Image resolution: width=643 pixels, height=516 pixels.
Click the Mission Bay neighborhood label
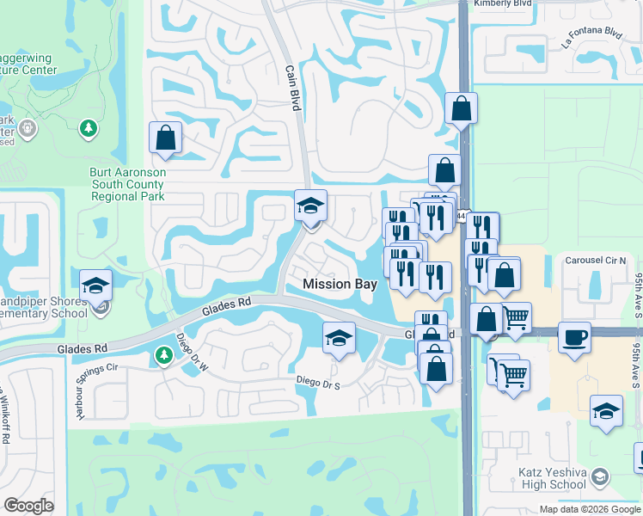(x=340, y=284)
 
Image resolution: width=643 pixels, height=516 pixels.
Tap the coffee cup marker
(x=574, y=336)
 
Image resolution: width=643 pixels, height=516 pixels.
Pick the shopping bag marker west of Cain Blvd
(x=165, y=138)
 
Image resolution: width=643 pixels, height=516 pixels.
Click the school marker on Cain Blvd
(x=310, y=206)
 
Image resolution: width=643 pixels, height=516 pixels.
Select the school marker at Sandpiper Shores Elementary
(x=96, y=286)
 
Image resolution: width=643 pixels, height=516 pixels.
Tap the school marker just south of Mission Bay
(x=340, y=338)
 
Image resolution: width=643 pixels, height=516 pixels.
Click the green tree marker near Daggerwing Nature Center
(x=88, y=129)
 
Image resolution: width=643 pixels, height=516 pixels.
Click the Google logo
(x=29, y=506)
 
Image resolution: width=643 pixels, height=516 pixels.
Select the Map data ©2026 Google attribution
(x=590, y=509)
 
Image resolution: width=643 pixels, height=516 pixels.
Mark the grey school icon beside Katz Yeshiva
(x=600, y=476)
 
